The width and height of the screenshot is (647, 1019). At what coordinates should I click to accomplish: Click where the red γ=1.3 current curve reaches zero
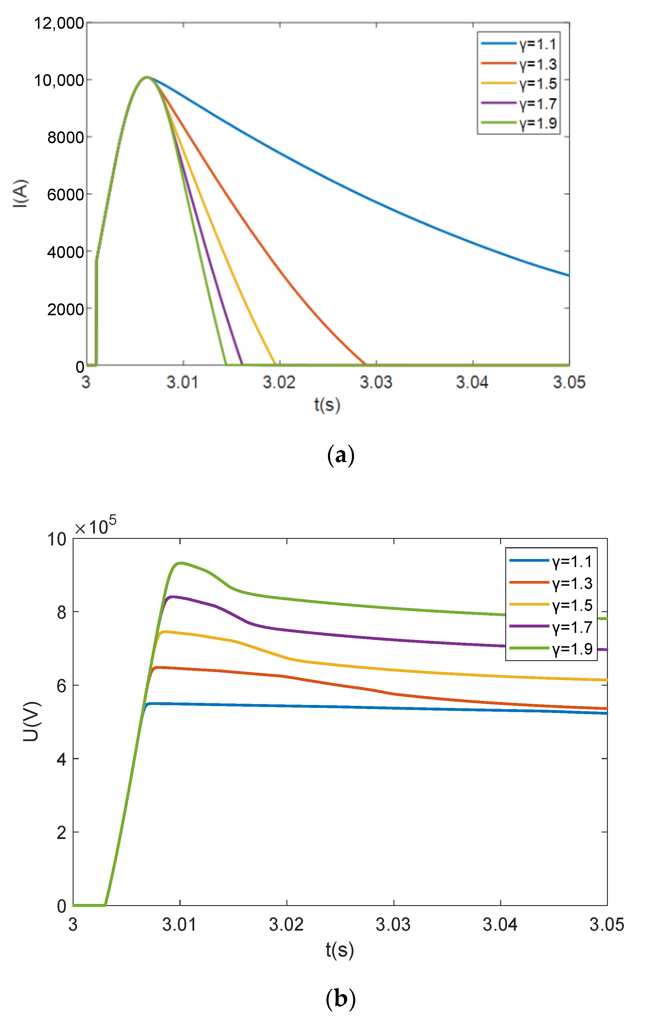point(364,364)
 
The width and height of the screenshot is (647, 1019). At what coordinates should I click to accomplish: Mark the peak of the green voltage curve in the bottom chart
point(181,563)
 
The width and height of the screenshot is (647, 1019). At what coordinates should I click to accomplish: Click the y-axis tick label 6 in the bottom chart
point(62,686)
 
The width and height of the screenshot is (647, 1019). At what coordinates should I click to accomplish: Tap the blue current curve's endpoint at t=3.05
point(568,276)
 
